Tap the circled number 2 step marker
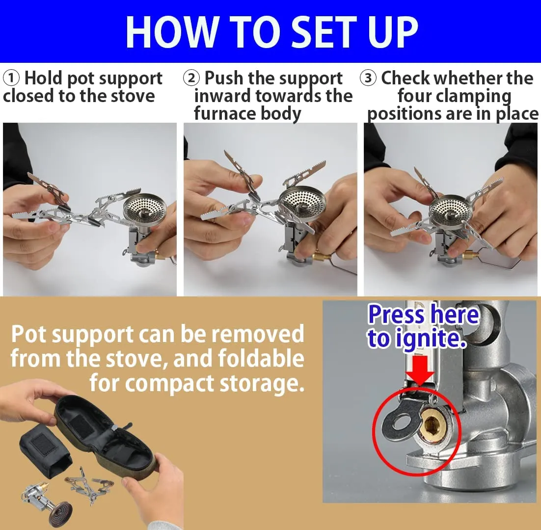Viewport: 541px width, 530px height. pos(191,79)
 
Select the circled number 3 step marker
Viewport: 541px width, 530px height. pos(368,79)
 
